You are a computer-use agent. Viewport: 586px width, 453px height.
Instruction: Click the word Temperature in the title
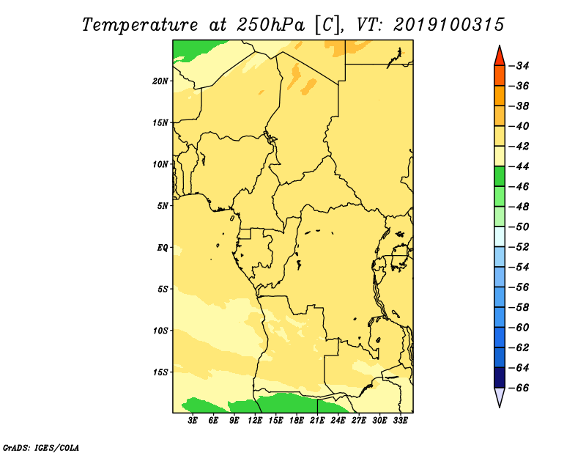140,26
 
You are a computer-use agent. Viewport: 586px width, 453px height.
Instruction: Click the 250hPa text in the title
270,25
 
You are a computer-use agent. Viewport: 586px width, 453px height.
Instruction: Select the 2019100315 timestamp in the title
449,25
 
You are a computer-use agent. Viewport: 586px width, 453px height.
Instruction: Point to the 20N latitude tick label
160,81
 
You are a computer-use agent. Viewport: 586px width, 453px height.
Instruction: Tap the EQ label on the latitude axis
162,248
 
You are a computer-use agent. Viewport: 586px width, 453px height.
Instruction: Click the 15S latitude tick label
160,372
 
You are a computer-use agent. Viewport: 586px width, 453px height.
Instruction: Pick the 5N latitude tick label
163,206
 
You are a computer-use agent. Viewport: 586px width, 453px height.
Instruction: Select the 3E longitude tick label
193,421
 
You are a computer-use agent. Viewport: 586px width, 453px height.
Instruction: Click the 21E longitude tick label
317,421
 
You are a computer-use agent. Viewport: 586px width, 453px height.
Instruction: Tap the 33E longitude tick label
400,421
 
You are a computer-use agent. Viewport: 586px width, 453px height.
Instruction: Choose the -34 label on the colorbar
519,66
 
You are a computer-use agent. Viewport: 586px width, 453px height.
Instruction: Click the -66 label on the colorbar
519,388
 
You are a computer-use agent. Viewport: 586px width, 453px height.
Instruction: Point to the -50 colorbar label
519,226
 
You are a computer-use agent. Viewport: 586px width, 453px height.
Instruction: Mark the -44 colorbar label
519,166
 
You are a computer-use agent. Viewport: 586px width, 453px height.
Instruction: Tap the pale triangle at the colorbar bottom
500,397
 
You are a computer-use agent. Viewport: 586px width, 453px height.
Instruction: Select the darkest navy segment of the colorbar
500,377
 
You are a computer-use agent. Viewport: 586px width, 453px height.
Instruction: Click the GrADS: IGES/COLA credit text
41,447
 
